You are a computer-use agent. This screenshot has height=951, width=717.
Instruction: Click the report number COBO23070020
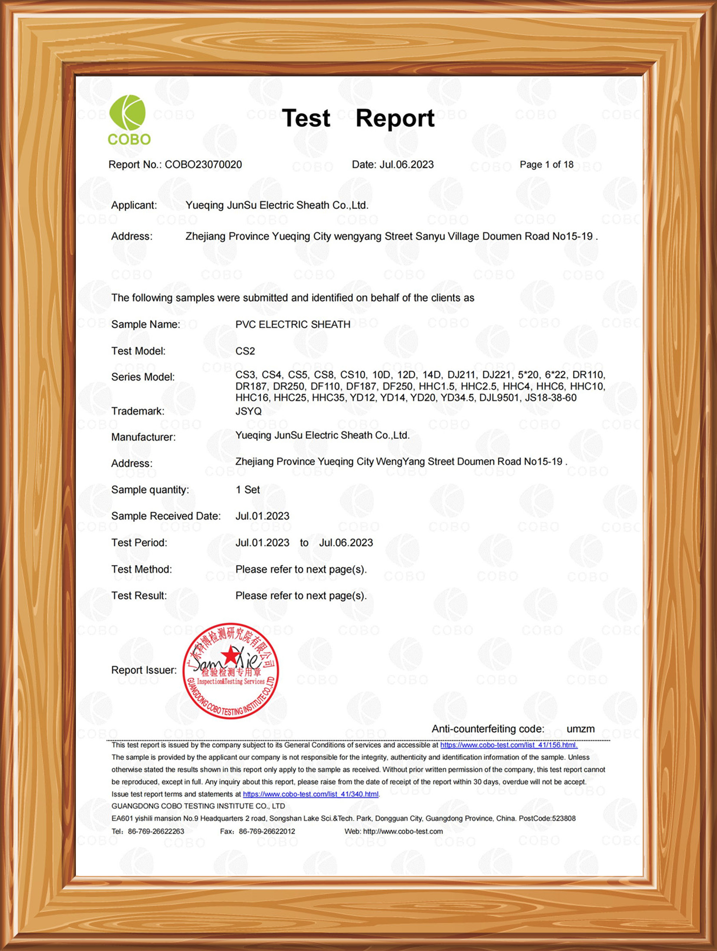[203, 165]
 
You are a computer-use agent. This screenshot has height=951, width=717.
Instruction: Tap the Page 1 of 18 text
[546, 165]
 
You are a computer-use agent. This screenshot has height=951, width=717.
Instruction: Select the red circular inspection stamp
[230, 671]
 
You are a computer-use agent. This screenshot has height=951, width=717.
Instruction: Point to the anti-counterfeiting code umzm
[580, 729]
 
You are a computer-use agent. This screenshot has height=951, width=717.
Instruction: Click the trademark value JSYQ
[249, 411]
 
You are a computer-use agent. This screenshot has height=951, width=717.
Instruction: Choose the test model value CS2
[245, 351]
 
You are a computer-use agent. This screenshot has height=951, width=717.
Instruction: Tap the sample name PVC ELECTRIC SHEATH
[293, 324]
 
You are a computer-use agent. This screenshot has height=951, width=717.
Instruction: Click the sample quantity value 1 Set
[248, 490]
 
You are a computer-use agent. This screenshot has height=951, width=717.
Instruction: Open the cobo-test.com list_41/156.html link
[508, 745]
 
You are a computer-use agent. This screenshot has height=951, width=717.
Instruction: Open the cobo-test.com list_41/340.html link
[311, 794]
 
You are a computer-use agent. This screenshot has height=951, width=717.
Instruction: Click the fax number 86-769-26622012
[267, 831]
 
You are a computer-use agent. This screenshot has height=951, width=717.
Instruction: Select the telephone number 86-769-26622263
[156, 831]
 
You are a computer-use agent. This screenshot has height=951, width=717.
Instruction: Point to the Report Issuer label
[144, 670]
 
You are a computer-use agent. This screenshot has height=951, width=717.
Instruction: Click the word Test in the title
[306, 118]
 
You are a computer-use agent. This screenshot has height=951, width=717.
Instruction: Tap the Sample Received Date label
[166, 516]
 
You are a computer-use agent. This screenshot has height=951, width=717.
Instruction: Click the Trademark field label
[138, 411]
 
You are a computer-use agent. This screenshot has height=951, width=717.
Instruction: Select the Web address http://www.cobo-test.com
[403, 831]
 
